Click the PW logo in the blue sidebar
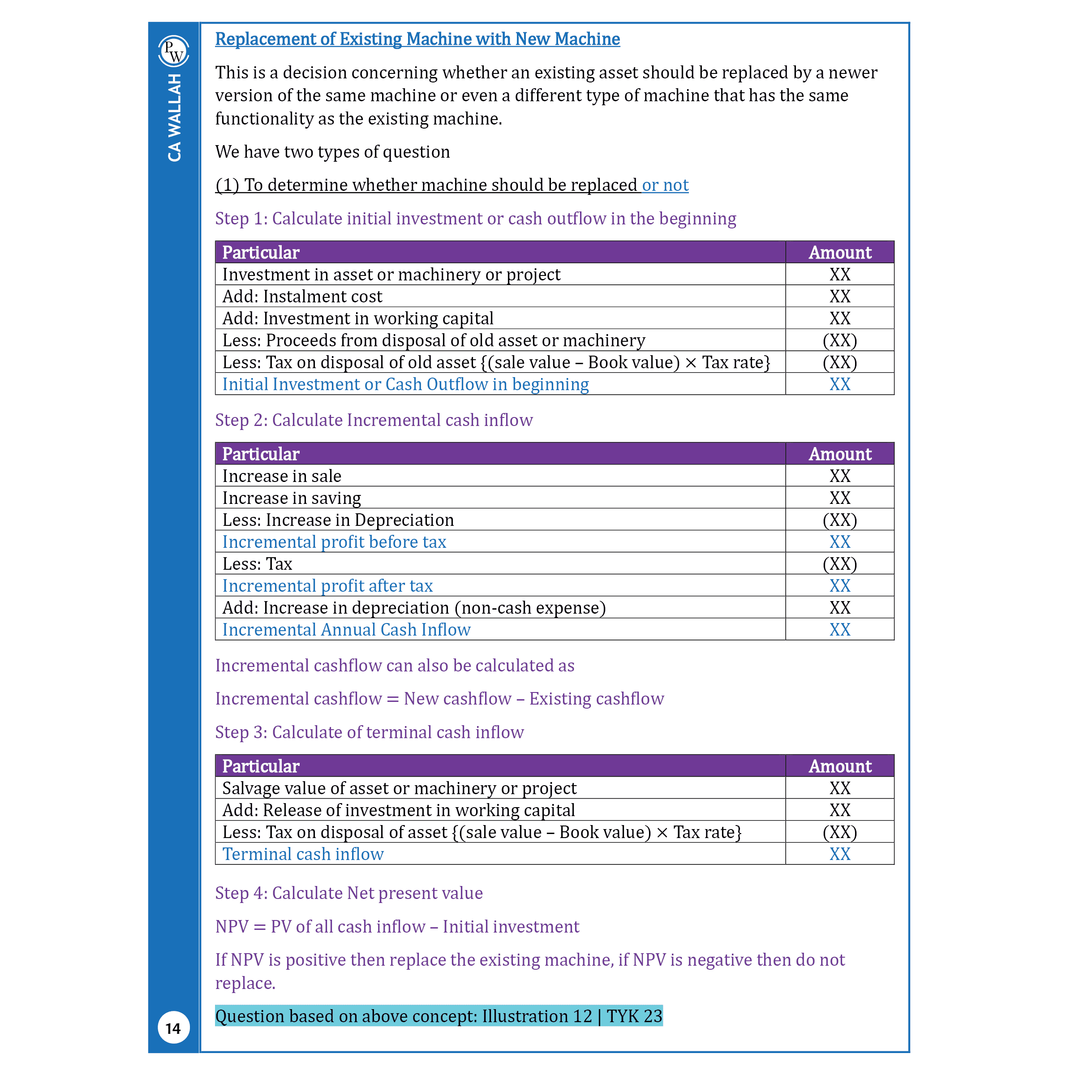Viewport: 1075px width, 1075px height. [174, 51]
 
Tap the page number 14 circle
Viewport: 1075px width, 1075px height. [174, 1028]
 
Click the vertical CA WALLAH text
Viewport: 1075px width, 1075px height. [174, 118]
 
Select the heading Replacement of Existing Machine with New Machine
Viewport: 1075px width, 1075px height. [417, 39]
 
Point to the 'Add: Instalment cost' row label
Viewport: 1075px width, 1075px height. [302, 297]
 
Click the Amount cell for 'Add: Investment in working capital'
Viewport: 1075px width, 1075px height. [840, 318]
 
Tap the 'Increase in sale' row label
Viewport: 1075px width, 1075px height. [282, 476]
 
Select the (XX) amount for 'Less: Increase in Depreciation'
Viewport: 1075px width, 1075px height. [840, 520]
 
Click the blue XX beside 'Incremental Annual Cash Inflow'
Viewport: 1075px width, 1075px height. [840, 630]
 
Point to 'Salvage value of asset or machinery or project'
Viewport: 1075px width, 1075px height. [399, 788]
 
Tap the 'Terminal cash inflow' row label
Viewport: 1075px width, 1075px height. [303, 854]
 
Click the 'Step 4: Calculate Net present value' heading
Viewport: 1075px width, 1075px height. [349, 893]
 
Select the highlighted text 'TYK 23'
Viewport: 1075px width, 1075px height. [634, 1016]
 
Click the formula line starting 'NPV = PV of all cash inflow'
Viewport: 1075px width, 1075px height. [397, 926]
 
